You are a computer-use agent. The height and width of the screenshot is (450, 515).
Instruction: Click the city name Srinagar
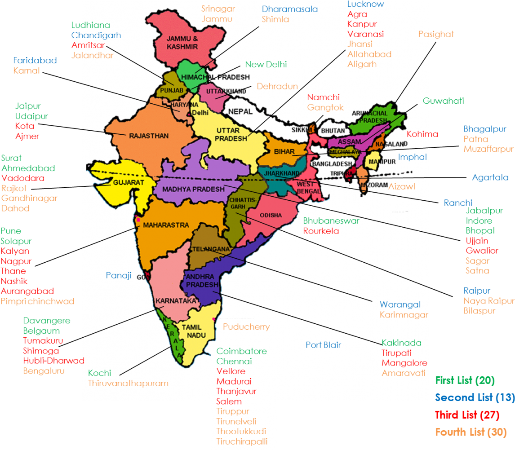point(218,9)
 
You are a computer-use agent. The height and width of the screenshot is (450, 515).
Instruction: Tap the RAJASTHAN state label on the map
point(149,136)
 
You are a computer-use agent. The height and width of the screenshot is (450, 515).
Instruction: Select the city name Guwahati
point(443,101)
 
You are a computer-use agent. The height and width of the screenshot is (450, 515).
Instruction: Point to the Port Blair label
point(323,345)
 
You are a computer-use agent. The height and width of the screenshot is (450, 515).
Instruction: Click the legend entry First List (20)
point(465,380)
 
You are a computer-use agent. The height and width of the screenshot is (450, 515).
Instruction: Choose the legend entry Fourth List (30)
point(471,432)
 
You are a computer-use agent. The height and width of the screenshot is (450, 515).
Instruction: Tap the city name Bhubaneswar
point(331,221)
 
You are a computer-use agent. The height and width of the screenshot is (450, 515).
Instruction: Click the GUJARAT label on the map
point(129,183)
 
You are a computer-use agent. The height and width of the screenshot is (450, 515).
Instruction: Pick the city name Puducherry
point(246,326)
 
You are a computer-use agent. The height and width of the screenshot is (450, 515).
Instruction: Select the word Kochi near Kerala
point(99,373)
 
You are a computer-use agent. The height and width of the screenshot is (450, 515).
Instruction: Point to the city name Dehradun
point(277,86)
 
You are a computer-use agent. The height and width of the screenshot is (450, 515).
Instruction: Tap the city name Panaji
point(119,275)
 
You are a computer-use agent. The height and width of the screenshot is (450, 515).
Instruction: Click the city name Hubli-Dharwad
point(53,361)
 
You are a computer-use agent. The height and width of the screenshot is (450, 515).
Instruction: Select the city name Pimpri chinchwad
point(37,301)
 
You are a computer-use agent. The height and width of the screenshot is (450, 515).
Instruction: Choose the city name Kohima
point(422,134)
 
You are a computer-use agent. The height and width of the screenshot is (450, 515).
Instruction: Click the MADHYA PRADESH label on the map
point(193,189)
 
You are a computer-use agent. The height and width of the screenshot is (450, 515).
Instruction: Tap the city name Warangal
point(400,305)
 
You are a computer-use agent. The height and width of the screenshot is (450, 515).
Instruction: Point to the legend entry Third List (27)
point(467,415)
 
